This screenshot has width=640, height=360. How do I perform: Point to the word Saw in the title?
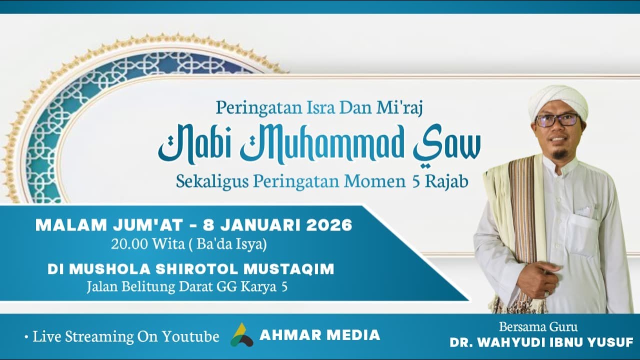447,145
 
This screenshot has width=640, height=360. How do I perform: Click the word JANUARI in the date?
260,225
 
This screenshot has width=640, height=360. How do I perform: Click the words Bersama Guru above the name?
538,327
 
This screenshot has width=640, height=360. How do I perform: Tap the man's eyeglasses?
557,120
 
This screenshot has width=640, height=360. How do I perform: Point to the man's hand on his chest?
537,278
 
